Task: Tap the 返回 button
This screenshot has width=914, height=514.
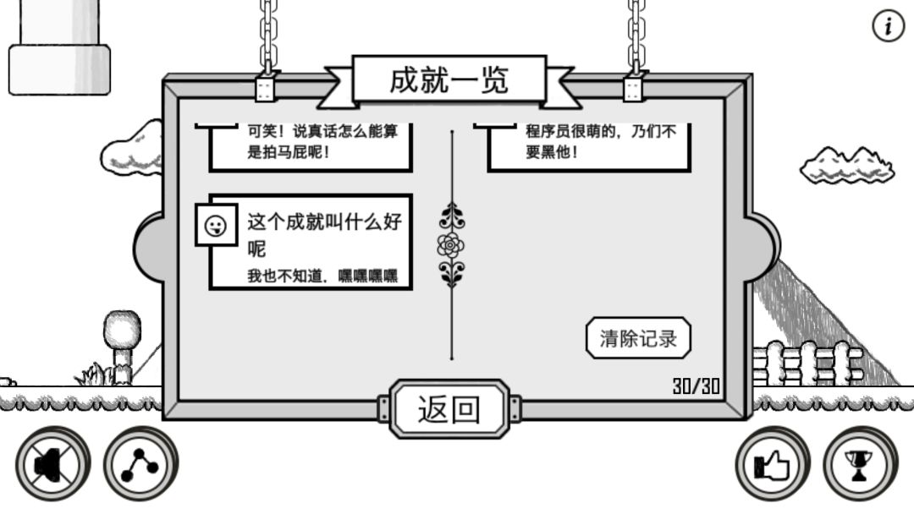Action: [x=449, y=408]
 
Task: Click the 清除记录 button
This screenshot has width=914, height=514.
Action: [x=638, y=338]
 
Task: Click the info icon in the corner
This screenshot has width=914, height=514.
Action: [x=888, y=26]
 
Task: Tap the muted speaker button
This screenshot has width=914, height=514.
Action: [x=53, y=464]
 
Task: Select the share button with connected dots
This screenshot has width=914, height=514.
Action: [x=140, y=464]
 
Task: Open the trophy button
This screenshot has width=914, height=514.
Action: [x=860, y=464]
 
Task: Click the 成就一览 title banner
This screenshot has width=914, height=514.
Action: [x=449, y=80]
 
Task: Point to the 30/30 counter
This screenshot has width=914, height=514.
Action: [x=697, y=386]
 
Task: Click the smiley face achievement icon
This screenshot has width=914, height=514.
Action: [x=216, y=225]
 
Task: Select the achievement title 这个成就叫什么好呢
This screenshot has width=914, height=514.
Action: [x=324, y=235]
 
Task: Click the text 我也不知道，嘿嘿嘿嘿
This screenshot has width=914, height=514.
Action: [x=322, y=276]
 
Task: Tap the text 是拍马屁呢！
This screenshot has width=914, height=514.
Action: [x=289, y=152]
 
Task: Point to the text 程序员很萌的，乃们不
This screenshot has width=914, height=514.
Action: [x=601, y=131]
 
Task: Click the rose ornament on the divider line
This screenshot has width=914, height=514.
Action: [x=451, y=245]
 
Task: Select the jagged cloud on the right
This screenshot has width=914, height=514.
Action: [x=847, y=166]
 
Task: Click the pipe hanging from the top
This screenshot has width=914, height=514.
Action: [x=59, y=47]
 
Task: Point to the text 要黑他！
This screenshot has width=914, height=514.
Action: [x=552, y=152]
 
